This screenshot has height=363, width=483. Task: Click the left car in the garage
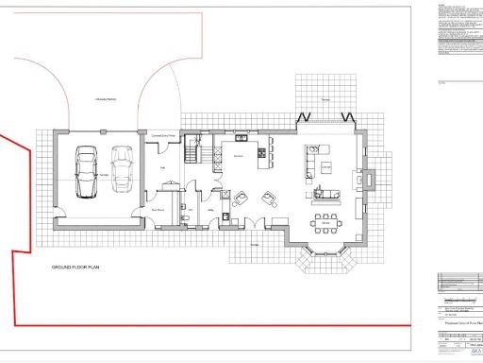[86, 172]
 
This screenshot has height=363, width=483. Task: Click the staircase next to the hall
[196, 149]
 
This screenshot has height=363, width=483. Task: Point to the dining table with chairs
[326, 222]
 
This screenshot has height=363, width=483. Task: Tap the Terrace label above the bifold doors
[325, 99]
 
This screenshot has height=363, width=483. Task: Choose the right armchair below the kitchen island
[270, 197]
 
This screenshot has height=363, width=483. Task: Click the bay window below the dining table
[326, 255]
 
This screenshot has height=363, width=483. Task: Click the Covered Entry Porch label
[165, 134]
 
